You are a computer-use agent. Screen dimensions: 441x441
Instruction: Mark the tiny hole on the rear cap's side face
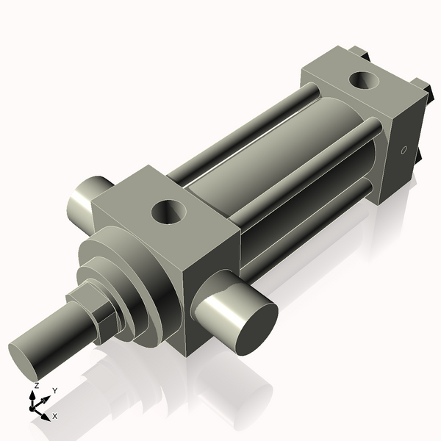(403, 151)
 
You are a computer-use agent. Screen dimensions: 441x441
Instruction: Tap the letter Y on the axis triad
(54, 391)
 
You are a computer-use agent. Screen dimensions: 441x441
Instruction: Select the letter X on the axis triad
(55, 416)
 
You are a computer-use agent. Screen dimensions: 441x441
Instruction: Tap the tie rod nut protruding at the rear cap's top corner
(360, 52)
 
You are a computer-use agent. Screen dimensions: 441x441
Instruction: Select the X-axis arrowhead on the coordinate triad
(46, 415)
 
